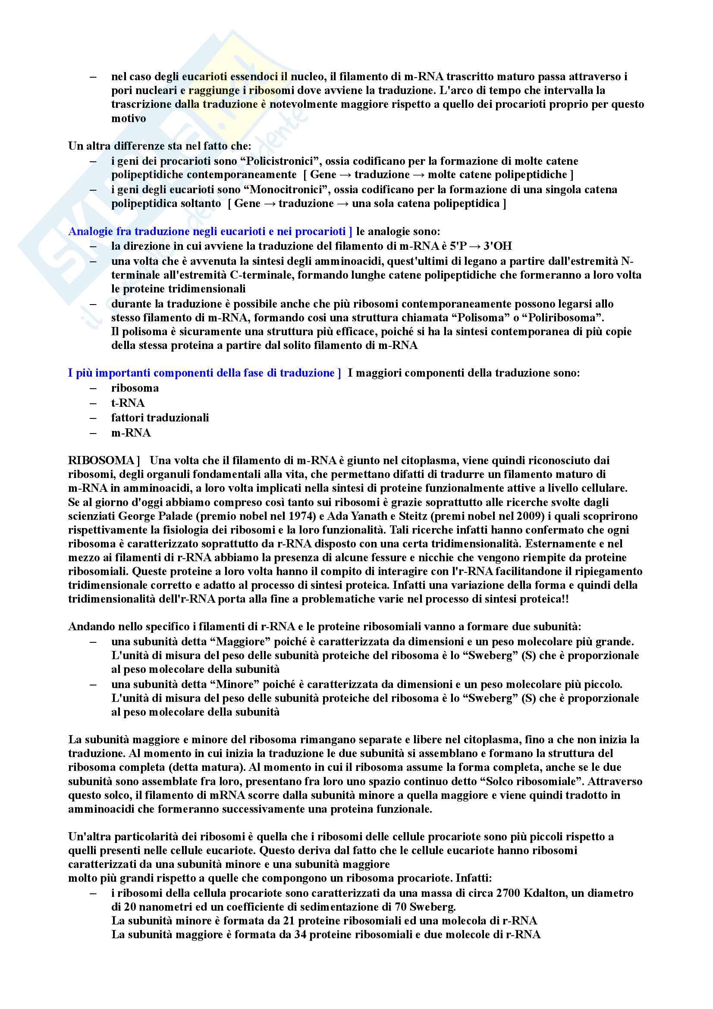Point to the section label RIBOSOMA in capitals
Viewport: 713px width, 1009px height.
tap(101, 461)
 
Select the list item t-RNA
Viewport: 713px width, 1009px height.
tap(128, 403)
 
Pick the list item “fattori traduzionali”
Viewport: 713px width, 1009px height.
tap(160, 418)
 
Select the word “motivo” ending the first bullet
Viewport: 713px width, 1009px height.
tap(128, 119)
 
